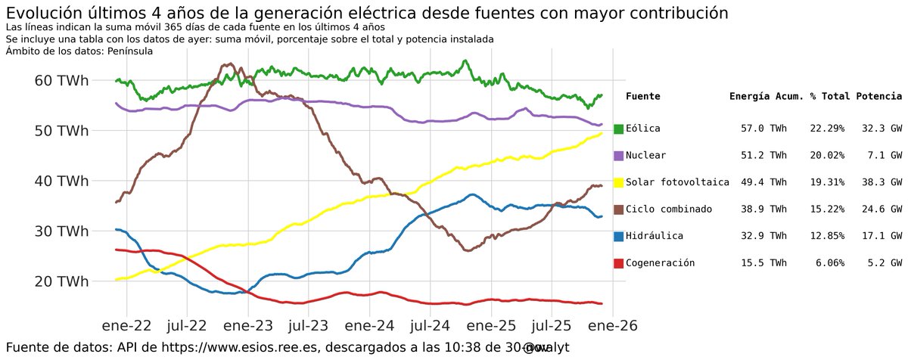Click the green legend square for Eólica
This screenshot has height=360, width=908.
click(618, 129)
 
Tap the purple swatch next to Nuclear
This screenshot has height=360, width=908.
click(618, 156)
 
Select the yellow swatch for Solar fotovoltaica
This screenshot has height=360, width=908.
click(618, 183)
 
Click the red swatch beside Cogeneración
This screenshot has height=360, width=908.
click(618, 263)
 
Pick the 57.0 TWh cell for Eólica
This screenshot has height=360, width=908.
click(763, 129)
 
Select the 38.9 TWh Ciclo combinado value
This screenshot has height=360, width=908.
click(763, 209)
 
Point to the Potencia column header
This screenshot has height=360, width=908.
click(878, 97)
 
